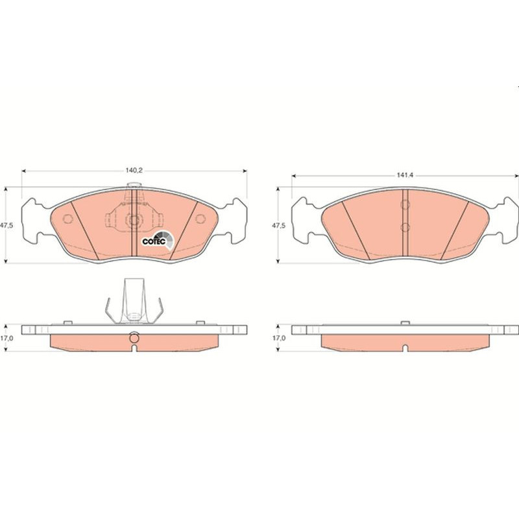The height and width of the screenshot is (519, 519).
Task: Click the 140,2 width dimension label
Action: point(134,171)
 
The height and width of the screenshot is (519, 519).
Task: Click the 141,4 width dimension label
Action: point(405,175)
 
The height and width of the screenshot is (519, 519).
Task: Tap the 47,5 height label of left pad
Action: point(6,226)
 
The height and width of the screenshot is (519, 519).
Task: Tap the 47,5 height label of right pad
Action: point(278,226)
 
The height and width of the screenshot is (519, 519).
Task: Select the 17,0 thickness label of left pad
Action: point(6,338)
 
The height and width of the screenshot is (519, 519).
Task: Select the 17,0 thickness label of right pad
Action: point(279,338)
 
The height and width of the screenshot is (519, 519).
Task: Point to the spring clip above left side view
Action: point(134,300)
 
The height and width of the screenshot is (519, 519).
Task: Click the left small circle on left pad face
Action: point(68,219)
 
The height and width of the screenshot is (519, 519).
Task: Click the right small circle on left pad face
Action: point(200,219)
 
